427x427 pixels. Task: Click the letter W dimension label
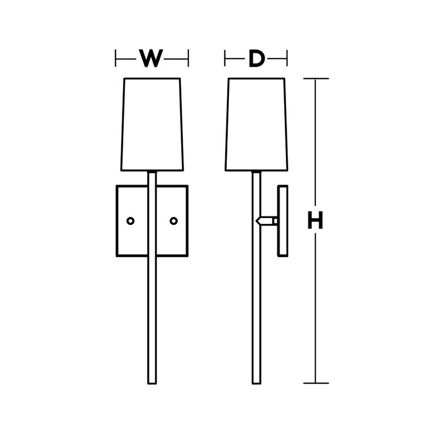(151, 59)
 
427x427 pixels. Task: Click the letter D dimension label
(256, 59)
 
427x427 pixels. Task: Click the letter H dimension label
(315, 220)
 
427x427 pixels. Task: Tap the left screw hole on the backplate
(130, 221)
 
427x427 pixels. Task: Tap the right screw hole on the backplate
(174, 221)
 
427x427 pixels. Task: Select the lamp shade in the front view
(152, 124)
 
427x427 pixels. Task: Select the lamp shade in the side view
(256, 124)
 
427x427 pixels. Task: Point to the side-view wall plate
(283, 221)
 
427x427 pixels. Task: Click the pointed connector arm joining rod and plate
(264, 221)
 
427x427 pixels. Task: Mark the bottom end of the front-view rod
(152, 384)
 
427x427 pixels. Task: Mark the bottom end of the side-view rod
(256, 384)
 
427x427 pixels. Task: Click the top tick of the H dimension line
(316, 78)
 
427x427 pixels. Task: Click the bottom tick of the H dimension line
(316, 383)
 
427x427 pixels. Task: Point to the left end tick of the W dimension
(115, 58)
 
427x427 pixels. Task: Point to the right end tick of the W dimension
(188, 58)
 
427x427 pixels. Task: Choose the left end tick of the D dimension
(225, 58)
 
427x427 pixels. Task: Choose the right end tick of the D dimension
(287, 58)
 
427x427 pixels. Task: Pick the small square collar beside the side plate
(275, 221)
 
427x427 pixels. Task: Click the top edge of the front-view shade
(152, 78)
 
